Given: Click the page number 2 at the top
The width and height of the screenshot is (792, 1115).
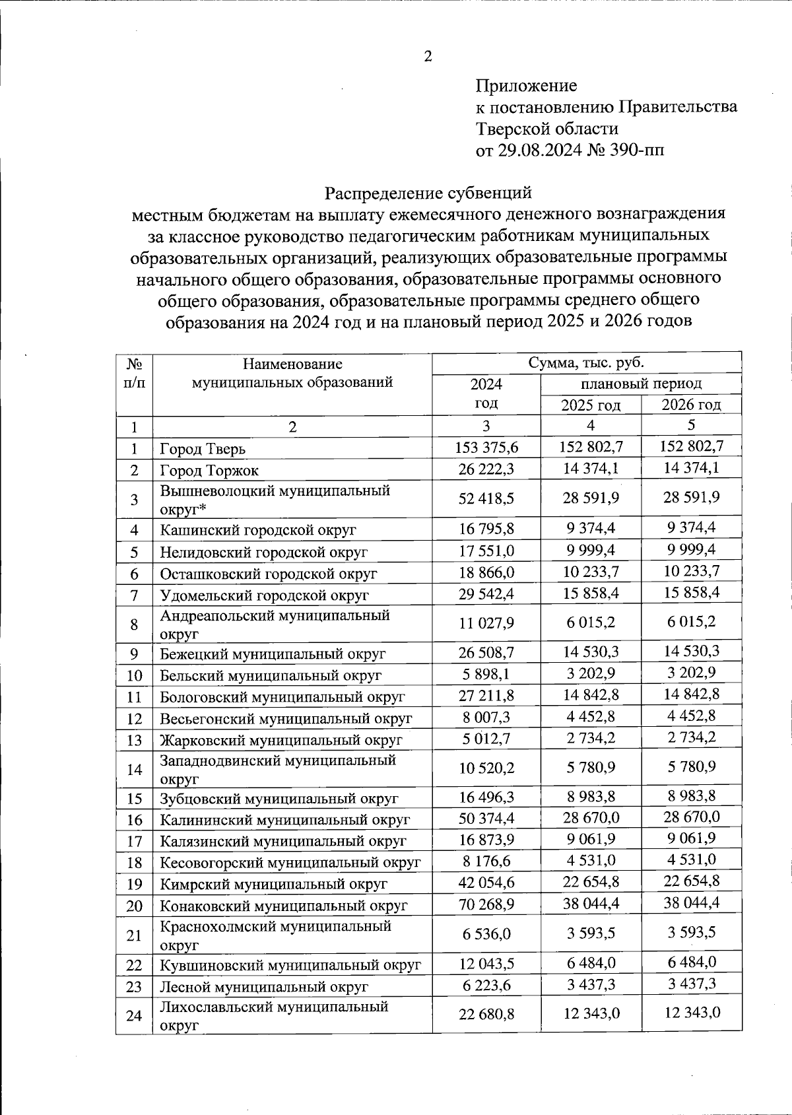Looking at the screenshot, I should point(428,57).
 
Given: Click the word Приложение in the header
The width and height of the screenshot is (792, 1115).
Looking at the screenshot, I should point(526,86).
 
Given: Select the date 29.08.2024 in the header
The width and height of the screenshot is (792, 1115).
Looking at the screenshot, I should point(537,150).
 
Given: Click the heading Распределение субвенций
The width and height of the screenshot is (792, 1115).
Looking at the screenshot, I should point(428,193).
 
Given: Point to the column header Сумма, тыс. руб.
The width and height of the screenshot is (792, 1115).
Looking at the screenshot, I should point(586,362).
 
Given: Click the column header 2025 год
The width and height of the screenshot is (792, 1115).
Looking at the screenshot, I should point(590,405).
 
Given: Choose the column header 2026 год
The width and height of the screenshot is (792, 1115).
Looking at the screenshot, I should point(691,405).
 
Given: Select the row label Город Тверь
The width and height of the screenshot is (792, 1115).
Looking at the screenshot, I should point(203,450).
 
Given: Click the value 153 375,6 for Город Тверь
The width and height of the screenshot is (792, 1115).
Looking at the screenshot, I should point(486,448).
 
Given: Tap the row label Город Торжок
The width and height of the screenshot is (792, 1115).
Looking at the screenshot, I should point(209,471).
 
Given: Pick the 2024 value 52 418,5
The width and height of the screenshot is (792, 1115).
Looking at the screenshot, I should point(486,498).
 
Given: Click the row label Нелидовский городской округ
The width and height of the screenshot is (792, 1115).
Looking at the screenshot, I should point(263,552).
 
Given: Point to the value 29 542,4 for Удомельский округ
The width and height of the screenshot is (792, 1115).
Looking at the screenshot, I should point(486,593).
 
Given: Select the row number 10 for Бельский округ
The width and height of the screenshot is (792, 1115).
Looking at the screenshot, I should point(134,675).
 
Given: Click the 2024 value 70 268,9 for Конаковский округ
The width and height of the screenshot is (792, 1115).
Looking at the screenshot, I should point(486,904).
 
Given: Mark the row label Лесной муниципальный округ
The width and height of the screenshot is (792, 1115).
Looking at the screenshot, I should point(263,987).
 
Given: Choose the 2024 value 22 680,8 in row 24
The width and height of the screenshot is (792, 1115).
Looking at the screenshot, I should point(486,1013).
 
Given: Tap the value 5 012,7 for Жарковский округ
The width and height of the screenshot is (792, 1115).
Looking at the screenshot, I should point(486,738).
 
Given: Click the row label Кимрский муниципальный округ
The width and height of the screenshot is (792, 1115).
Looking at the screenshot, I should point(273,884).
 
